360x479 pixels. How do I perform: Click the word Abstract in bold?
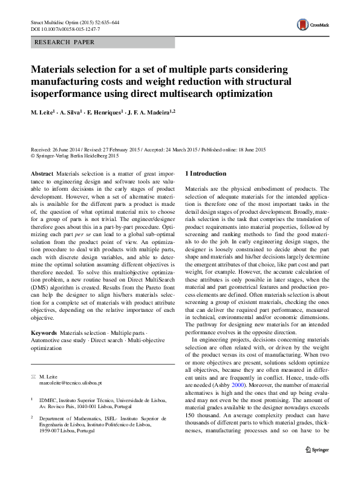coord(42,173)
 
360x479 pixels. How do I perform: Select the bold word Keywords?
coord(44,333)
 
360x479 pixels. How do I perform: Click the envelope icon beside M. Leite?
coord(33,377)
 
